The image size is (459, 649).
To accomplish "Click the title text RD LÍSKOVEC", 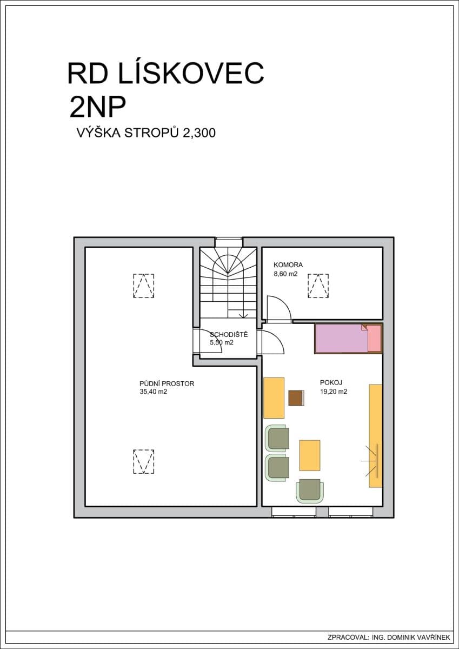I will (165, 74).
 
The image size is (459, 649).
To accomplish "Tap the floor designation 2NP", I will (97, 107).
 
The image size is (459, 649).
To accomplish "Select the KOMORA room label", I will (288, 265).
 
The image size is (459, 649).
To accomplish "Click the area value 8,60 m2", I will (286, 274).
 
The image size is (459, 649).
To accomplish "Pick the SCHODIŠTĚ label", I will (229, 335).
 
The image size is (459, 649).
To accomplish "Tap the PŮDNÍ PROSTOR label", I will (167, 384).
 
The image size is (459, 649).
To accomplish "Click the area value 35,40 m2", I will (153, 393).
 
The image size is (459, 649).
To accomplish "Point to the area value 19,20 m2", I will (333, 391).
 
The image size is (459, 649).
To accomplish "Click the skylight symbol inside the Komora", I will (318, 285).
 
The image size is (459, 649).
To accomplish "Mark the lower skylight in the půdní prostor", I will (143, 461).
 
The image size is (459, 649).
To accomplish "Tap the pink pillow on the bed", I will (374, 339).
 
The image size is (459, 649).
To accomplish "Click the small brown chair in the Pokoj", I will (296, 398).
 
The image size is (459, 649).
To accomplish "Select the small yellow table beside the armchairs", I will (309, 455).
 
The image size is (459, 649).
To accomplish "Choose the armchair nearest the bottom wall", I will (310, 490).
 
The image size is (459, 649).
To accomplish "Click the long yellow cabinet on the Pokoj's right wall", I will (375, 435).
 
